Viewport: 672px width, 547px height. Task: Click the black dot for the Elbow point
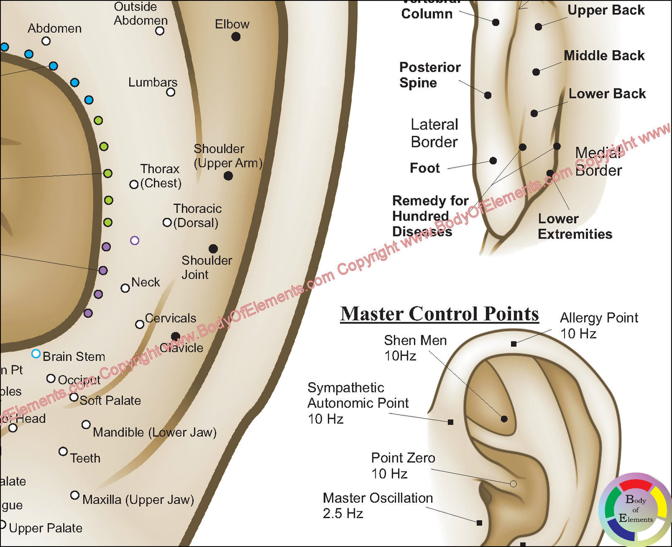[x=236, y=36]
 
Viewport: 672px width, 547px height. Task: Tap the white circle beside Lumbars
[x=171, y=92]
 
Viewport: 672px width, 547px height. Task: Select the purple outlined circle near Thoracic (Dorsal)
[x=135, y=240]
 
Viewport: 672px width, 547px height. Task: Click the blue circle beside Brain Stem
[x=36, y=354]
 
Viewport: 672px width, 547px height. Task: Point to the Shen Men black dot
[x=504, y=419]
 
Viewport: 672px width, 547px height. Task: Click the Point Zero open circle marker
[x=513, y=484]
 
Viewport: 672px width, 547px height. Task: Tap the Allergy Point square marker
[x=513, y=344]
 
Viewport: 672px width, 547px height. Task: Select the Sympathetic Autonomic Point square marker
[x=451, y=422]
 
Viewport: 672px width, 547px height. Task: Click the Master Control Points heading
[x=439, y=314]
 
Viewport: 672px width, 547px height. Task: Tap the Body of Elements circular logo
[x=635, y=510]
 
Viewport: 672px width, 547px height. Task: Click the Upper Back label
[x=606, y=10]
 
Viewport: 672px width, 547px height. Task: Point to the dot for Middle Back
[x=536, y=72]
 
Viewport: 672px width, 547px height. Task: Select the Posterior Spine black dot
[x=488, y=95]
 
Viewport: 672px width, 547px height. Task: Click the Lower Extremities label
[x=575, y=227]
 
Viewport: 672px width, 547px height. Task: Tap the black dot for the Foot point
[x=493, y=161]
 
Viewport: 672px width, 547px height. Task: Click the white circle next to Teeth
[x=63, y=451]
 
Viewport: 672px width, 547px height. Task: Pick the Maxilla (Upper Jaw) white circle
[x=74, y=495]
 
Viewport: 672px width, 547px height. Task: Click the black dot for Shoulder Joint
[x=213, y=249]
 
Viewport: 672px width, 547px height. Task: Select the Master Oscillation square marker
[x=479, y=523]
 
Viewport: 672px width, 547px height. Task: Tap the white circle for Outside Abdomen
[x=160, y=31]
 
